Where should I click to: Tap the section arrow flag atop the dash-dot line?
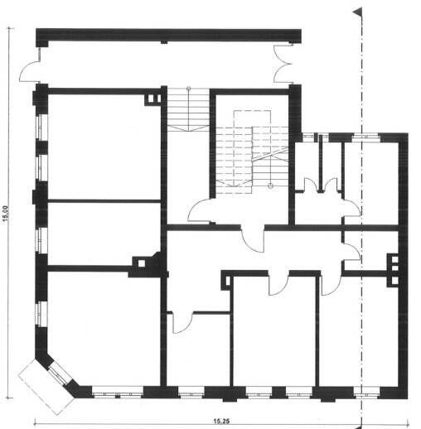357,12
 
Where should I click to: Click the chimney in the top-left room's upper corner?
150,99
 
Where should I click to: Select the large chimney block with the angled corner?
147,263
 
